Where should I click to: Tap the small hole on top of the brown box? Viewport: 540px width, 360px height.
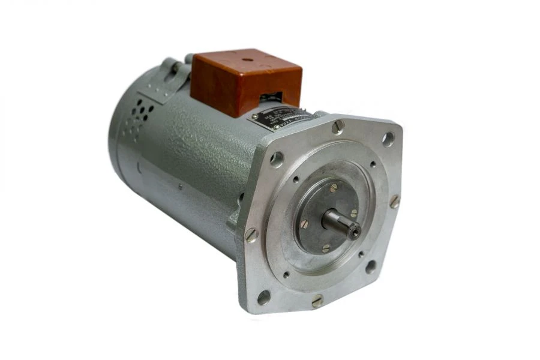(x=247, y=61)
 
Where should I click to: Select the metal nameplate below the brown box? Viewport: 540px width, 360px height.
(x=280, y=118)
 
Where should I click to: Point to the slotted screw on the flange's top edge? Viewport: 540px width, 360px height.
(x=338, y=126)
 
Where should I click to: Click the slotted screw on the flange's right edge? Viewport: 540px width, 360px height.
(x=394, y=202)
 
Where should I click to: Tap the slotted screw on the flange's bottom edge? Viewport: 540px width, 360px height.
(x=317, y=301)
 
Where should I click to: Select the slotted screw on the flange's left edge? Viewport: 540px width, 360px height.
(x=251, y=235)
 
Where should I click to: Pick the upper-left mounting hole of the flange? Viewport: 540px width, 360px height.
(x=277, y=159)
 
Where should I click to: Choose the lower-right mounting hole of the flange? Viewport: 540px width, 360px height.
(x=371, y=266)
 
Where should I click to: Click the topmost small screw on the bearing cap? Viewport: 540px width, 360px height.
(x=333, y=188)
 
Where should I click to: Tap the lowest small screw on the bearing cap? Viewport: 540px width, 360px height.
(x=326, y=247)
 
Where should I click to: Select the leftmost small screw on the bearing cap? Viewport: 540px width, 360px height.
(x=304, y=223)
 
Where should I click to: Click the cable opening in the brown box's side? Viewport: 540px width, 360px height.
(x=273, y=96)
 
